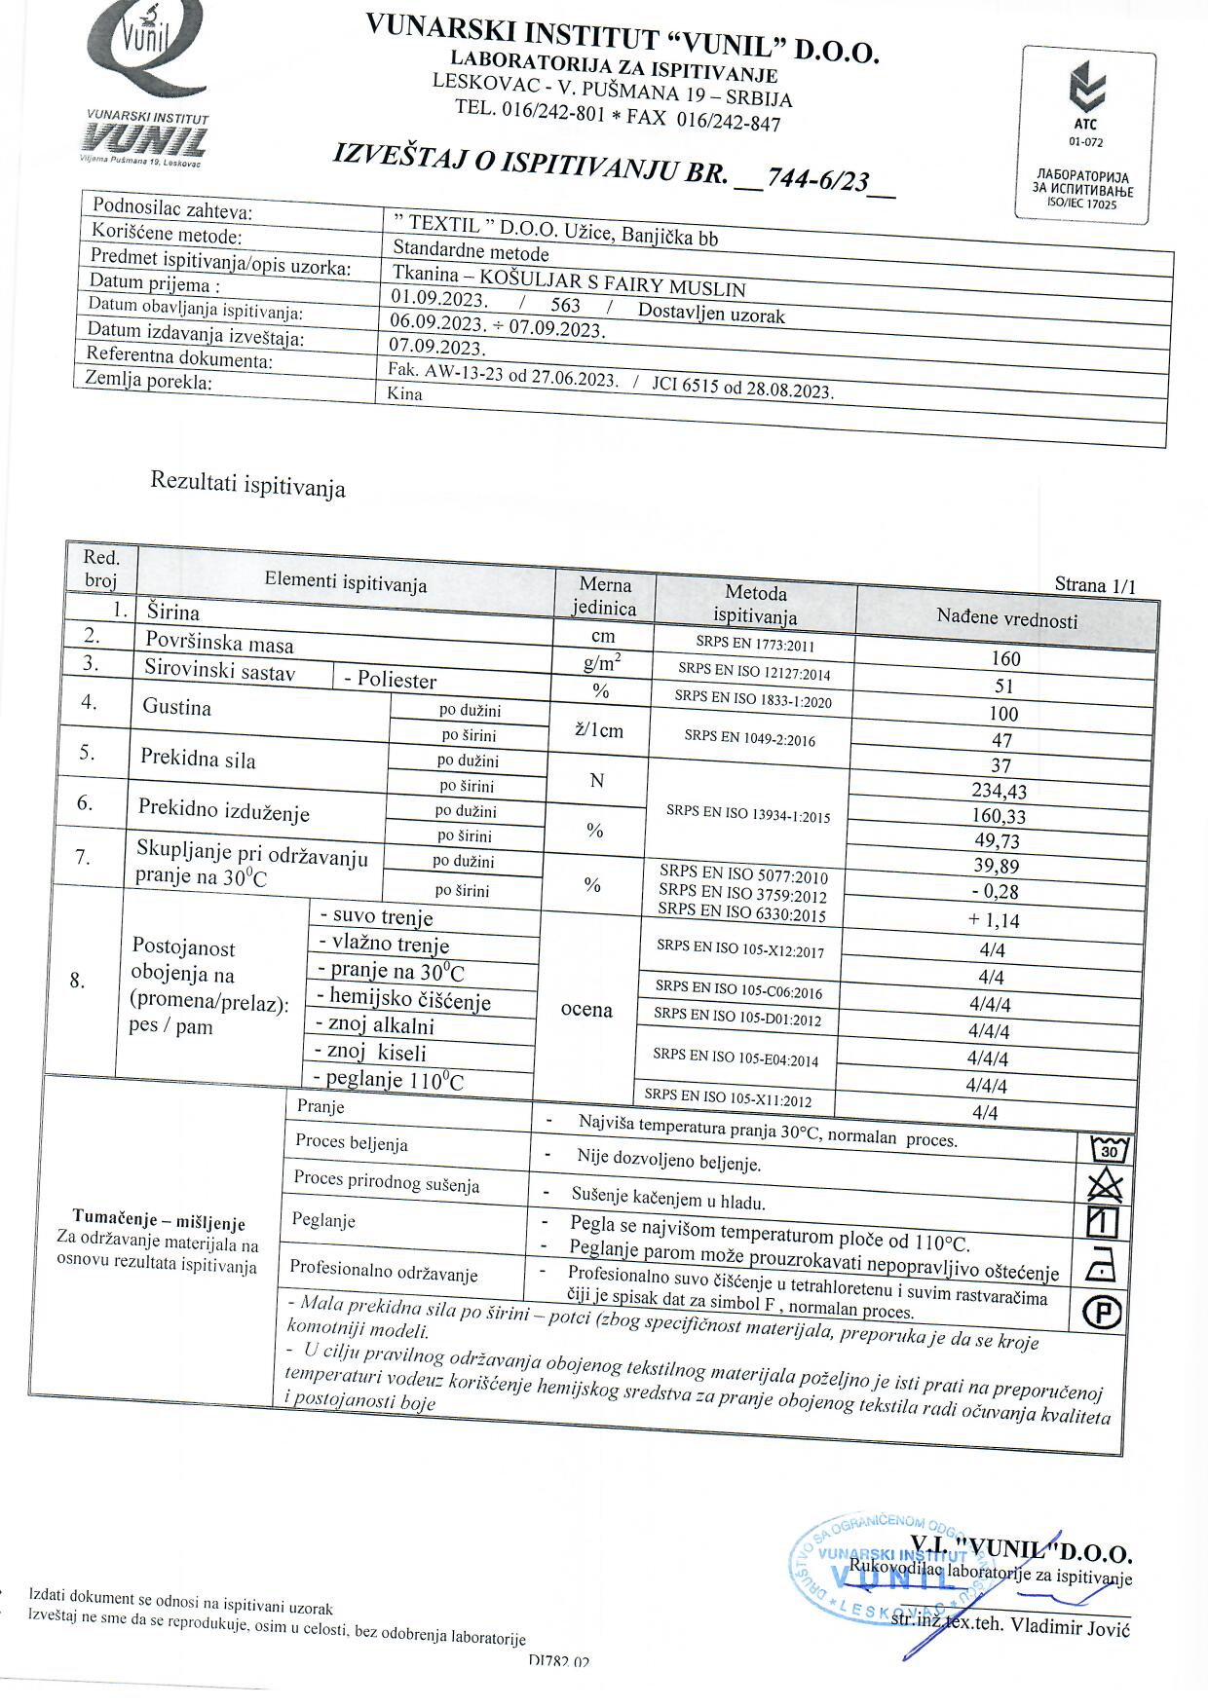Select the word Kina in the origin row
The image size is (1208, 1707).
(405, 394)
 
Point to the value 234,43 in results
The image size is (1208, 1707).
(999, 791)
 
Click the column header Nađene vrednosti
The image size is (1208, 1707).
(1006, 617)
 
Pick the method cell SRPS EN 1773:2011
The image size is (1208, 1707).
(755, 644)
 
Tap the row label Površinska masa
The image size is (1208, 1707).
(219, 644)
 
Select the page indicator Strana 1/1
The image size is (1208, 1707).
(1094, 585)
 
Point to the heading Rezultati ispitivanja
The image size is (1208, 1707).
(247, 483)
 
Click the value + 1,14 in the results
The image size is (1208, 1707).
(994, 920)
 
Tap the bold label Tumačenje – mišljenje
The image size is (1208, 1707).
(159, 1222)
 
